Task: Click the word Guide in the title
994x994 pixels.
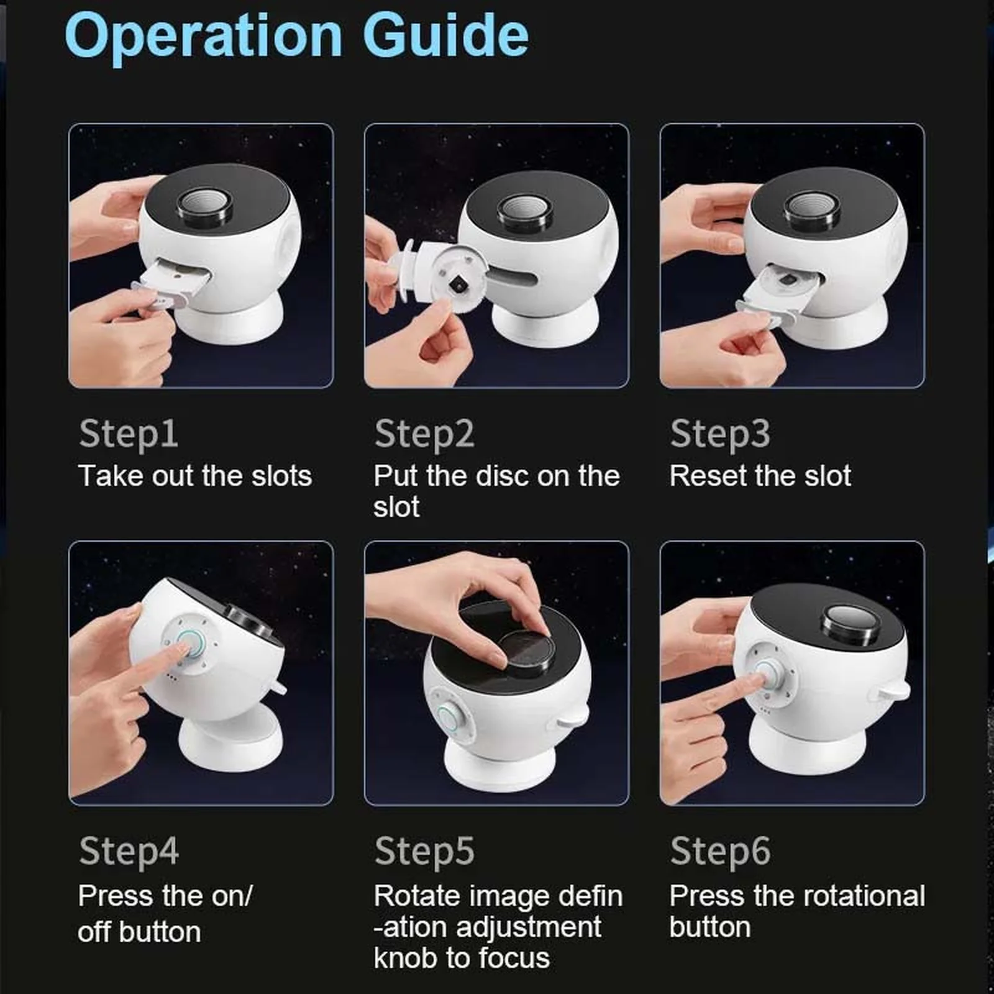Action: (x=445, y=35)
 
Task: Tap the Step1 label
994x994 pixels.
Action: (x=129, y=434)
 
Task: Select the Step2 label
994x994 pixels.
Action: (x=424, y=434)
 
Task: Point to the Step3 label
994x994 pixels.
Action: (x=720, y=434)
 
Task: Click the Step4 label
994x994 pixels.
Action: (x=129, y=852)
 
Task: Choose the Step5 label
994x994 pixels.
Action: (x=424, y=852)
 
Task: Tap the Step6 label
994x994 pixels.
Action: (x=720, y=852)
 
